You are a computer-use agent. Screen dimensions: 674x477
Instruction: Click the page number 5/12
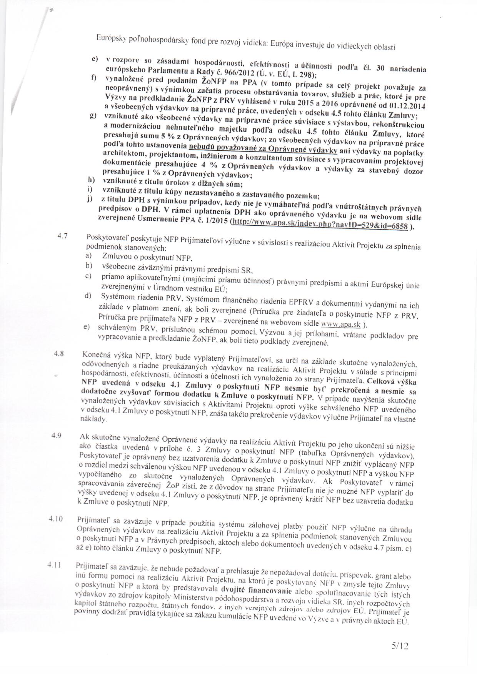399,646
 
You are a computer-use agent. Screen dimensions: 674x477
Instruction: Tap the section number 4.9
57,436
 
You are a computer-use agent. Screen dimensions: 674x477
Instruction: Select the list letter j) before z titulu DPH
90,200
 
